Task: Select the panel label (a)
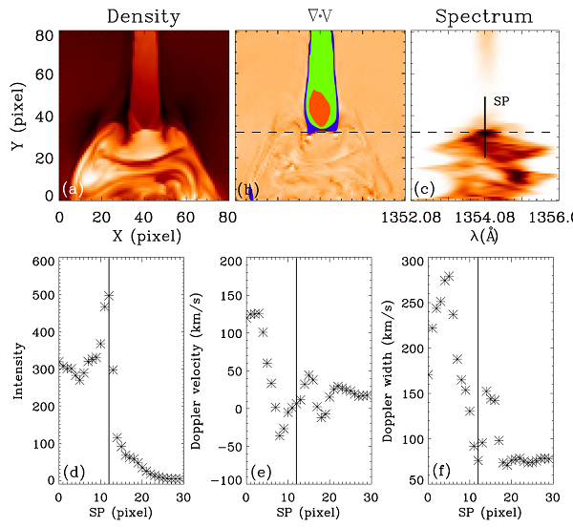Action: (x=73, y=189)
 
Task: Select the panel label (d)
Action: (x=72, y=470)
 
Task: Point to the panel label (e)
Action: (x=259, y=470)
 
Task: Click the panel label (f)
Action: (x=441, y=470)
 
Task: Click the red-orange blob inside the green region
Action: (x=319, y=108)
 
